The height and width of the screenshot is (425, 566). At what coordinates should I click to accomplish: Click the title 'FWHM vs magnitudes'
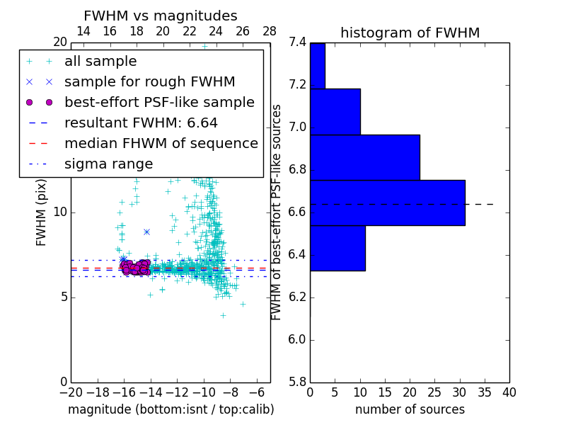[x=161, y=16]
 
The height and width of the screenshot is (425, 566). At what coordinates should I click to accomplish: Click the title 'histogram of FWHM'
[x=410, y=33]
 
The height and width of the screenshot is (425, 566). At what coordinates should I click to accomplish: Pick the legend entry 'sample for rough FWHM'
[x=149, y=82]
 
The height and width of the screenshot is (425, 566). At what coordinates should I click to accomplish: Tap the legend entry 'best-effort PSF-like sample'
[x=159, y=103]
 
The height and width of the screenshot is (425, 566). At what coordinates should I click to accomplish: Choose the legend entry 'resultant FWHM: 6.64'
[x=141, y=123]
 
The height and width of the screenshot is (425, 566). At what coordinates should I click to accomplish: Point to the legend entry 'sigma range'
[x=108, y=164]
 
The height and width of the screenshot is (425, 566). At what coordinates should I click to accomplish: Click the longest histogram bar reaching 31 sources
[x=387, y=203]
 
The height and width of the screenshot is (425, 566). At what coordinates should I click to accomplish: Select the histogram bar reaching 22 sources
[x=364, y=157]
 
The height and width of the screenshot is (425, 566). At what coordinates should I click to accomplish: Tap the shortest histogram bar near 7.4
[x=317, y=65]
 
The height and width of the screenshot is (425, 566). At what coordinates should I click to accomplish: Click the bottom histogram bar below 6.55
[x=337, y=248]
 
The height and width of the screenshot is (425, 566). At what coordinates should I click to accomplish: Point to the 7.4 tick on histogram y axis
[x=297, y=42]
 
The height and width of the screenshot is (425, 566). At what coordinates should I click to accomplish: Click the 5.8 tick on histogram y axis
[x=297, y=382]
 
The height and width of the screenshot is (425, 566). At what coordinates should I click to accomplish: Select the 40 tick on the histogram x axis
[x=509, y=392]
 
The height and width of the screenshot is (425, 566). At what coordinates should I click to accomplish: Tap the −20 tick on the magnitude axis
[x=71, y=392]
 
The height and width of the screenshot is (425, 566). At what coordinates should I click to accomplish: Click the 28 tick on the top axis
[x=270, y=31]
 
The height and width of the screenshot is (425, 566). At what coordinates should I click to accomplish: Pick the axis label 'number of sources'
[x=410, y=409]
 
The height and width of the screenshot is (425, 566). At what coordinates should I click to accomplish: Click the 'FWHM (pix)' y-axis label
[x=42, y=212]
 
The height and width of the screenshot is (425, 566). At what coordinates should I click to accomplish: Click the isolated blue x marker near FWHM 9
[x=146, y=232]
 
